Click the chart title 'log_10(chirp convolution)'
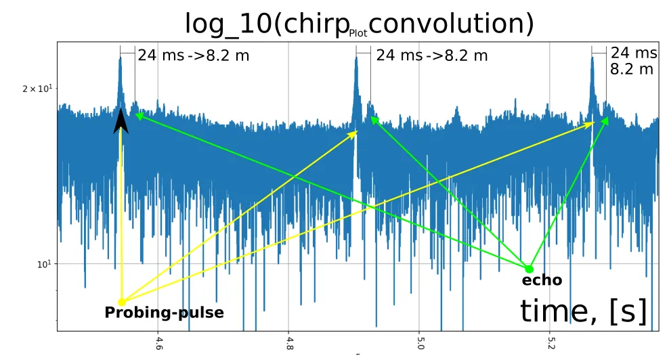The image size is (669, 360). click(x=359, y=24)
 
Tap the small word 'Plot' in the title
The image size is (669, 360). click(x=358, y=32)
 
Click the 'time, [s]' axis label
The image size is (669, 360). click(x=583, y=311)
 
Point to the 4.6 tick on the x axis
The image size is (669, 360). click(x=159, y=344)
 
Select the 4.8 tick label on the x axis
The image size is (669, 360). click(x=289, y=344)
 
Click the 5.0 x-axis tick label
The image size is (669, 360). click(x=420, y=344)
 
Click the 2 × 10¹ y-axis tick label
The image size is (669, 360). click(x=38, y=89)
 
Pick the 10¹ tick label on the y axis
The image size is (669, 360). click(x=42, y=264)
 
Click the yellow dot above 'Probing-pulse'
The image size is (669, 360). click(x=122, y=302)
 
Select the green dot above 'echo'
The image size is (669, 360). click(x=530, y=269)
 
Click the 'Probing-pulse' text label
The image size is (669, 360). click(x=164, y=313)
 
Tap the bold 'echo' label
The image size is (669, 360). click(x=542, y=281)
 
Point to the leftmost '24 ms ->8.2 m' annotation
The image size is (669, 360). click(x=193, y=55)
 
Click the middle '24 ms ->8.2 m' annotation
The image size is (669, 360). click(x=431, y=55)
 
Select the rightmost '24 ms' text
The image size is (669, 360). click(x=634, y=53)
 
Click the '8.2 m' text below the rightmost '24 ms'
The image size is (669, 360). click(x=632, y=68)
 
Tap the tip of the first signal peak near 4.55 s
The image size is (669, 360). click(x=121, y=58)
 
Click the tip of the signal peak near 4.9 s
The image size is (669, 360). click(x=357, y=59)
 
